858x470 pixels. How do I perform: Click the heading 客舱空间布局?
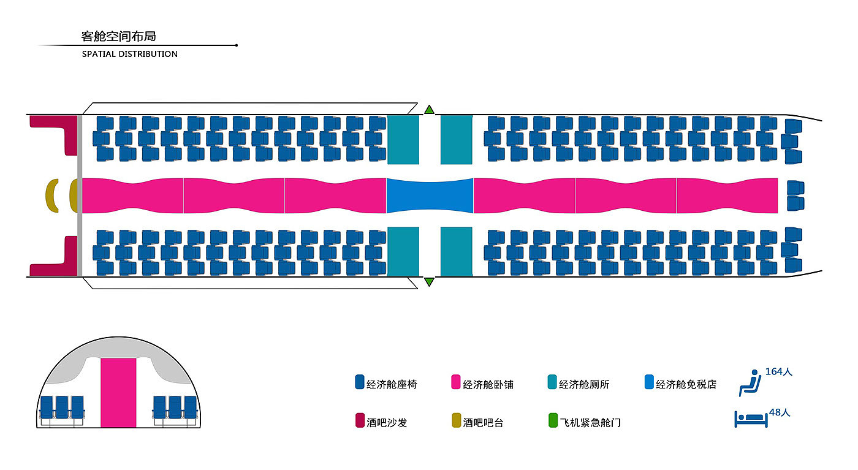point(118,36)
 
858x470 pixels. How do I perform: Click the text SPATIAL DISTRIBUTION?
point(130,54)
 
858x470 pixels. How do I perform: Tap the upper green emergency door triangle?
point(429,110)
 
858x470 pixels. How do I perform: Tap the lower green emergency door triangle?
point(429,281)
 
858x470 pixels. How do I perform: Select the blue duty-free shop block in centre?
point(430,195)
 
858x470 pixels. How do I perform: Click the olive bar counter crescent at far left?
point(52,195)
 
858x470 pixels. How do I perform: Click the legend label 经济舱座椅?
point(392,385)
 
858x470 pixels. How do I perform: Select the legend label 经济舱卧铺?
point(488,385)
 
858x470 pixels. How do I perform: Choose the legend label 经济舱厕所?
point(584,385)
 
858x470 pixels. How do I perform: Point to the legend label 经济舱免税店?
point(686,385)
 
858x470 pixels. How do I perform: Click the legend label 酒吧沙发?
point(387,422)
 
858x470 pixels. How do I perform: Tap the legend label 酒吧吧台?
point(483,422)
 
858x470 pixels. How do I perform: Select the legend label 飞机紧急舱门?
point(590,422)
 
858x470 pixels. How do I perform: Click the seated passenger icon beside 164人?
point(749,382)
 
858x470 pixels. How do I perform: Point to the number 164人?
point(779,371)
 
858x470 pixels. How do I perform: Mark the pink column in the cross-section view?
point(118,393)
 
